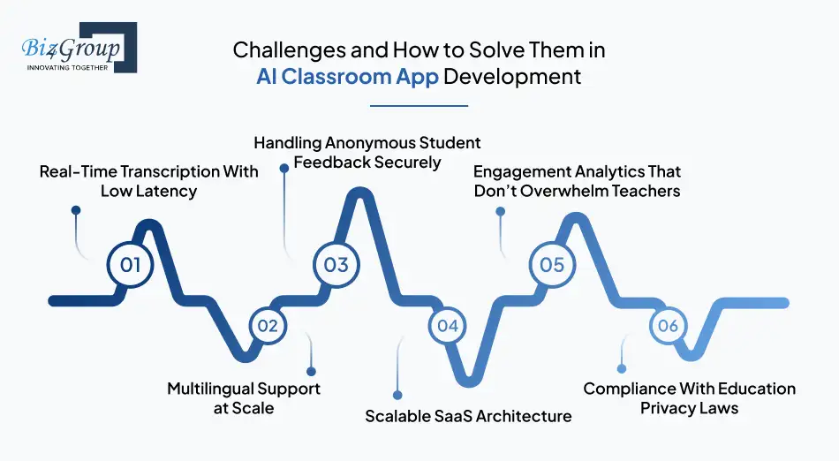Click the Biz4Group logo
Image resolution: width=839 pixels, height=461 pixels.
(x=79, y=48)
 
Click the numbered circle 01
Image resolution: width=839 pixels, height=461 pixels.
(x=130, y=265)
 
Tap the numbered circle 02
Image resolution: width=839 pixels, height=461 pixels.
(x=268, y=326)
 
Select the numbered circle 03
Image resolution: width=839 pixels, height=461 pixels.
(x=336, y=265)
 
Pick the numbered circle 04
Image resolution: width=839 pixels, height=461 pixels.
(x=448, y=326)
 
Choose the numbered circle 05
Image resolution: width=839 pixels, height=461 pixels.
(x=552, y=265)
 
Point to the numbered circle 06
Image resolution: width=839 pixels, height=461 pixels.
(x=669, y=326)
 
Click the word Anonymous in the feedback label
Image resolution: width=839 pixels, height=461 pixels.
(x=369, y=143)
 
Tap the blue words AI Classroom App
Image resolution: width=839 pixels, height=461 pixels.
(x=347, y=77)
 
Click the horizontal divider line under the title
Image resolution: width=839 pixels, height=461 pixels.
(x=419, y=105)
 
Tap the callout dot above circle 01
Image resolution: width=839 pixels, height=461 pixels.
(x=76, y=210)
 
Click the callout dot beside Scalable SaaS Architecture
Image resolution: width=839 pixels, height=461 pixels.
(x=397, y=396)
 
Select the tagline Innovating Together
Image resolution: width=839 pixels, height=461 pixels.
(x=67, y=67)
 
